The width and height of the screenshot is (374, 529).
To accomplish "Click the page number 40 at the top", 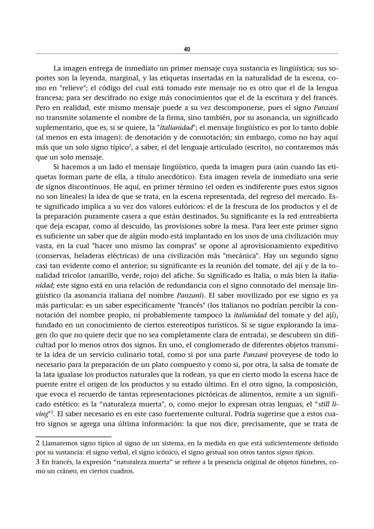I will coord(187,49).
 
